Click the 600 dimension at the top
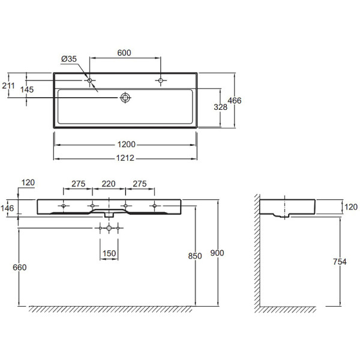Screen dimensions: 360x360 coord(124,53)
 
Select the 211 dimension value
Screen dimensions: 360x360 coord(8,86)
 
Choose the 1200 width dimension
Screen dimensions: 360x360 coord(125,145)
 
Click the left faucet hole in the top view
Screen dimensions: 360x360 coord(89,80)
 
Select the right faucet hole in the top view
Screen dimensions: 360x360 coord(161,80)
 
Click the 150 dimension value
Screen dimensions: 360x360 coord(109,254)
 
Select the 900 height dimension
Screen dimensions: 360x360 coord(217,254)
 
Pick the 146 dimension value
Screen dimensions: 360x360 coord(8,208)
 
